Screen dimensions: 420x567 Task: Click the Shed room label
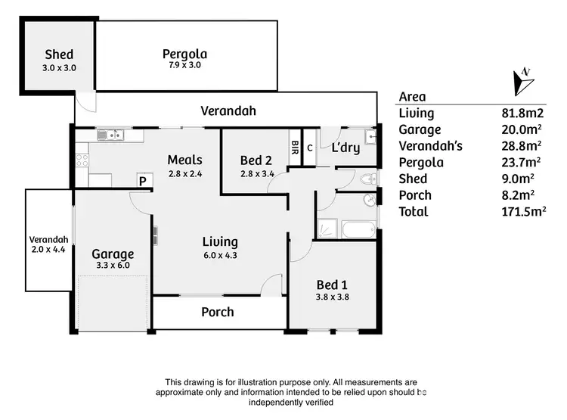(x=59, y=54)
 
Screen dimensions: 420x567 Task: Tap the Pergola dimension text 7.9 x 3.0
(x=185, y=66)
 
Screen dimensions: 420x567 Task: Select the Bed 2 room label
(x=256, y=160)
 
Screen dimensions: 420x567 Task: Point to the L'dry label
(x=345, y=148)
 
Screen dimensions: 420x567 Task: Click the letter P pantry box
(x=141, y=181)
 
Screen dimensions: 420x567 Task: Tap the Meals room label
(x=185, y=160)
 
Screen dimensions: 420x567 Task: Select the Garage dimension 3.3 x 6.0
(x=113, y=266)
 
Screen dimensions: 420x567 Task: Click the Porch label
(x=217, y=312)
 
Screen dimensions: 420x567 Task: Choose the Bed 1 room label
(x=332, y=285)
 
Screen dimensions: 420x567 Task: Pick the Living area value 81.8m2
(x=519, y=114)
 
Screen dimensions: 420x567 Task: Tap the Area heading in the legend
(x=412, y=97)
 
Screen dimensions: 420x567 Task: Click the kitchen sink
(x=111, y=135)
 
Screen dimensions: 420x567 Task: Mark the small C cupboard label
(x=310, y=147)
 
